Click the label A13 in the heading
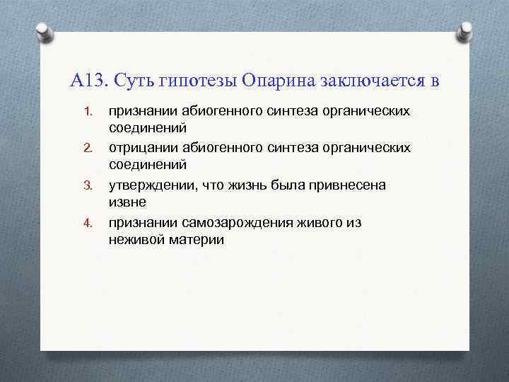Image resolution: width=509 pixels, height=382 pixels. pos(87,80)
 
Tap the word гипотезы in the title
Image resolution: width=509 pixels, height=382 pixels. pos(198,80)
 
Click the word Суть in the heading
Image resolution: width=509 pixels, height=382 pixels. pos(134,80)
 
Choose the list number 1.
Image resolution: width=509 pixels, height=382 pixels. pos(88,112)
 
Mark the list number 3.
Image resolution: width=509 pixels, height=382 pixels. pos(88,185)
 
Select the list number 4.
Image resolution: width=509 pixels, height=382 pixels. pos(88,222)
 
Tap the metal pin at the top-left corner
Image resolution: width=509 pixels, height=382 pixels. pos(45,33)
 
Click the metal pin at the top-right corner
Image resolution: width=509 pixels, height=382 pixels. pos(466,30)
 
